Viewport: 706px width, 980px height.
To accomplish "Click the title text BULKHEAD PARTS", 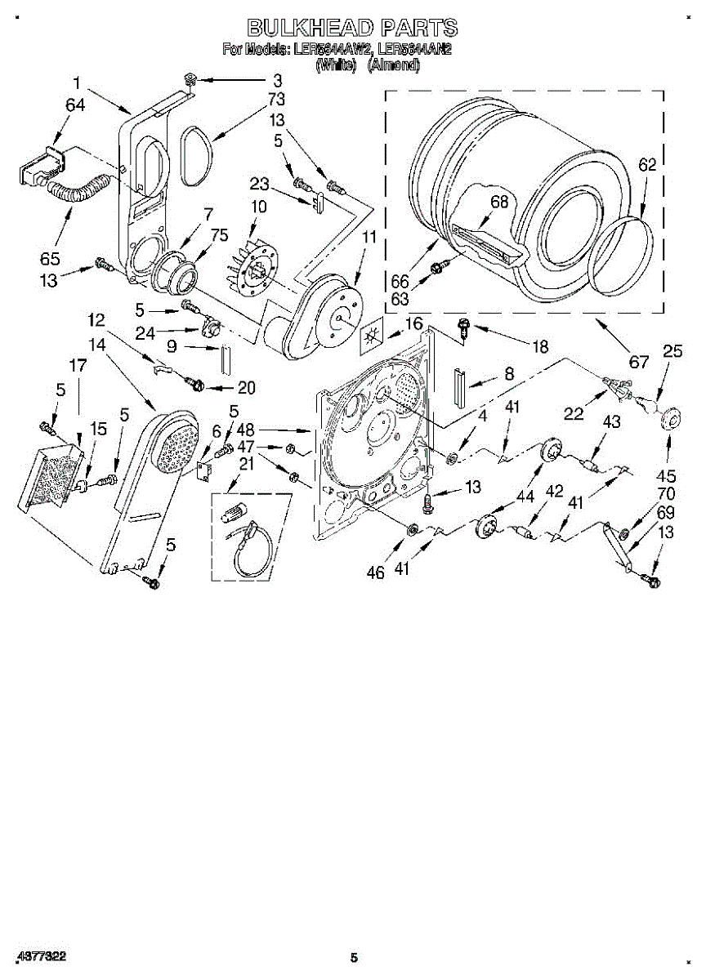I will [352, 28].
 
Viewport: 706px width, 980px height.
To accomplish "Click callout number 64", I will [75, 105].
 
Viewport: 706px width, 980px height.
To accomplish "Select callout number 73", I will [276, 100].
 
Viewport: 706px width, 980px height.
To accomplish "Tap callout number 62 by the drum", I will [646, 164].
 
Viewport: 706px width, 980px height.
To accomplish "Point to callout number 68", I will [499, 201].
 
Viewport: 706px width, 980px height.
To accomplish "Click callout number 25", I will [672, 351].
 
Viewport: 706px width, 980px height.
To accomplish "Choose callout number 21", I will [246, 464].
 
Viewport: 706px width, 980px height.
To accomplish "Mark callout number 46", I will [375, 572].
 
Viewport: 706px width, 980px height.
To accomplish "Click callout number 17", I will [78, 367].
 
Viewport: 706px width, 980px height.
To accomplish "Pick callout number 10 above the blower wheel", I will [258, 207].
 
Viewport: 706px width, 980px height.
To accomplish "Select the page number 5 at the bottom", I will [354, 958].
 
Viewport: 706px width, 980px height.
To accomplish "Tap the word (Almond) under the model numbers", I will [393, 66].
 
